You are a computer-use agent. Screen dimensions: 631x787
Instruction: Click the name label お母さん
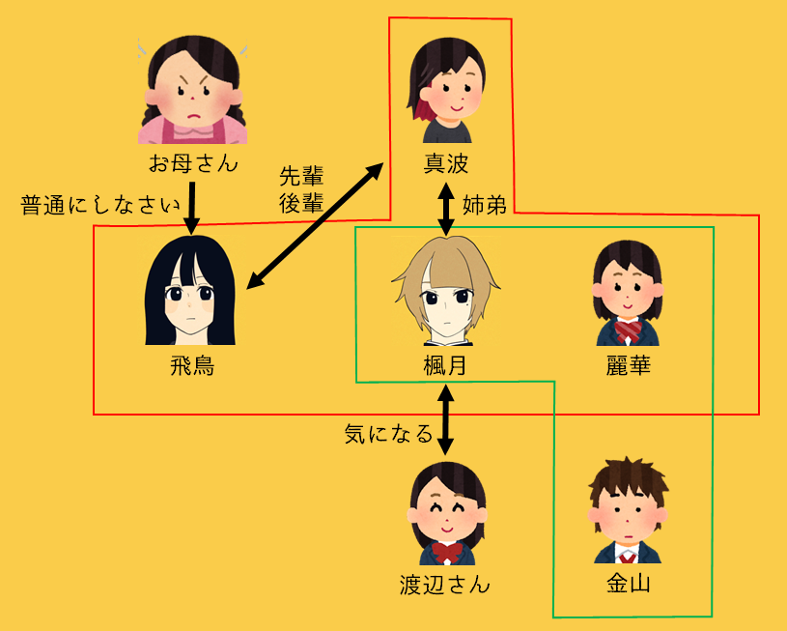point(193,162)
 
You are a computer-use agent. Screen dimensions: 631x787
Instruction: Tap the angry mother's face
point(193,92)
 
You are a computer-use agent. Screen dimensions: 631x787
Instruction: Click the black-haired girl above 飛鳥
point(191,291)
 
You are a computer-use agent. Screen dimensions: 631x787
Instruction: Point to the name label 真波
point(445,162)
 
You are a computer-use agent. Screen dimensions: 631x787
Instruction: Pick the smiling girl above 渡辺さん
point(446,513)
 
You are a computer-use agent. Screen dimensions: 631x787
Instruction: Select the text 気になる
point(388,434)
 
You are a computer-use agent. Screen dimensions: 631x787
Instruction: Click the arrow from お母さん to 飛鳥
point(191,205)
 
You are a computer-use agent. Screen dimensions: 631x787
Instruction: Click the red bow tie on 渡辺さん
point(446,552)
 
